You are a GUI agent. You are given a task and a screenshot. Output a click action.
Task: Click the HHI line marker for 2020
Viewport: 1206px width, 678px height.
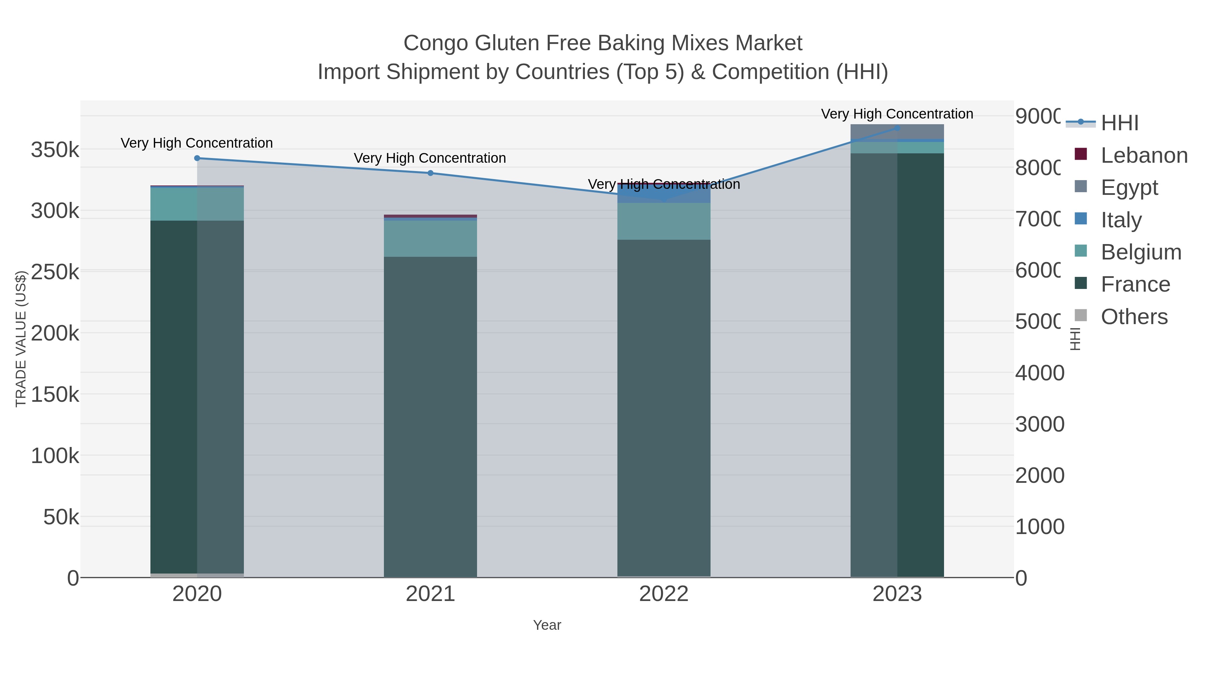coord(197,158)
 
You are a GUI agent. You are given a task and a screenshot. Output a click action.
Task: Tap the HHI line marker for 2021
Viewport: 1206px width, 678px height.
coord(430,173)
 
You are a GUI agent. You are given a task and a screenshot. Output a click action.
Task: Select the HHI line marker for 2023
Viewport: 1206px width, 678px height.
coord(897,128)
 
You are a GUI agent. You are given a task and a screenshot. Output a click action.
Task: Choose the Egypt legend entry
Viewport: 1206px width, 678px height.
coord(1129,187)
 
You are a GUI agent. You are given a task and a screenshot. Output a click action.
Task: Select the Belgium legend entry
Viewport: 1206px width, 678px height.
coord(1140,252)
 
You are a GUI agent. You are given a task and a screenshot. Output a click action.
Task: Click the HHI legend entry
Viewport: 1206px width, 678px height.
coord(1119,123)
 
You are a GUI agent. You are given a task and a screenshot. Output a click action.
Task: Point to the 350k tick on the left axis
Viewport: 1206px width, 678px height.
coord(55,150)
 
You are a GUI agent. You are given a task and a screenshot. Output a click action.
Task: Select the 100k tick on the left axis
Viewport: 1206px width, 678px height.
coord(55,456)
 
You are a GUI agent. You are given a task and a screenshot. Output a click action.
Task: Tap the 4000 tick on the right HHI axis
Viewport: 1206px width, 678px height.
coord(1039,373)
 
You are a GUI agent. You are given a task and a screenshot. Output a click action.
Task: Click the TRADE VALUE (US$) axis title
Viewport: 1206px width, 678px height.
coord(21,339)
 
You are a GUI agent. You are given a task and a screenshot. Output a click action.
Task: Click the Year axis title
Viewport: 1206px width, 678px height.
coord(547,625)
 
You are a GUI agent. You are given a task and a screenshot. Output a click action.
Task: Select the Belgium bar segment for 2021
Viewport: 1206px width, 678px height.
coord(430,239)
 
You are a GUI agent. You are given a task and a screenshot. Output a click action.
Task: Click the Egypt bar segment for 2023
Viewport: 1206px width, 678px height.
coord(897,132)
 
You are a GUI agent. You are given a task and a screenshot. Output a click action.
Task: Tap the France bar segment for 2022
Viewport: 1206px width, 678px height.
coord(663,407)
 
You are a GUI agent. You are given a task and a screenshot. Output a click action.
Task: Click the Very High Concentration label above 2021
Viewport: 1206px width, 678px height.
coord(430,158)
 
